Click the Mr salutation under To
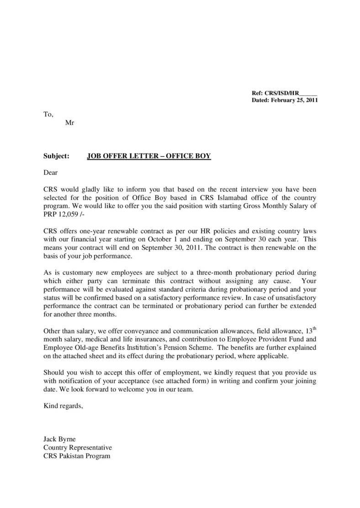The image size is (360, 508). tap(70, 122)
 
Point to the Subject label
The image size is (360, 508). tap(56, 156)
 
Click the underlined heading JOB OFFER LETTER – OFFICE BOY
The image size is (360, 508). tap(149, 156)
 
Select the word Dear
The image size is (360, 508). tap(51, 173)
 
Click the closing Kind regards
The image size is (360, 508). tap(63, 405)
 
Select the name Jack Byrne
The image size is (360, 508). tap(59, 439)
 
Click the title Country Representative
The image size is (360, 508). tap(77, 447)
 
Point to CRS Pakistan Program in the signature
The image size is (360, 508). tap(77, 456)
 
